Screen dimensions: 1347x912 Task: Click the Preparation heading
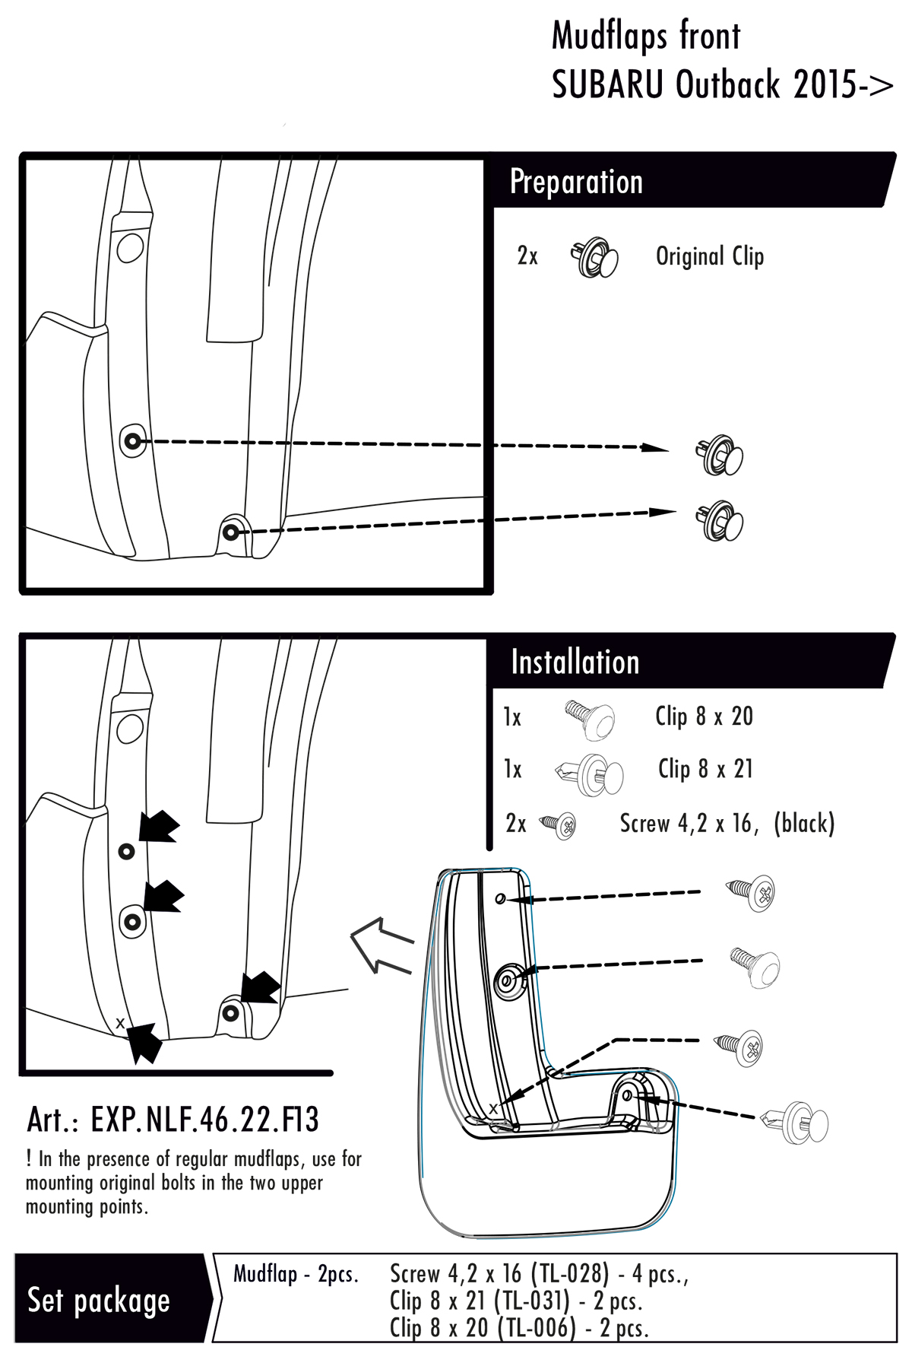click(576, 182)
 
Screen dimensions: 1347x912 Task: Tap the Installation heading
click(575, 662)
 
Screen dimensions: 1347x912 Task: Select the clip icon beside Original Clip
click(594, 257)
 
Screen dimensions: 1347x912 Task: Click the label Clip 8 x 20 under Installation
click(704, 716)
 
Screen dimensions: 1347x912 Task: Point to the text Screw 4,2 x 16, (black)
click(727, 823)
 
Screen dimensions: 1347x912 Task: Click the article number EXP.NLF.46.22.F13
click(204, 1120)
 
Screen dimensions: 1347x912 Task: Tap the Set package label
click(98, 1299)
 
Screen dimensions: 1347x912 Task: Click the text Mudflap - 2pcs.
click(296, 1273)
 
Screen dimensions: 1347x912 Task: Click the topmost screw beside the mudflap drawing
click(752, 892)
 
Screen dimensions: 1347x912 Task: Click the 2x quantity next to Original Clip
click(527, 256)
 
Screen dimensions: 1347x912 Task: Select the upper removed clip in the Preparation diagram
click(718, 456)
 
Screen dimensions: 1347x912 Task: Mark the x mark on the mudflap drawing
click(493, 1108)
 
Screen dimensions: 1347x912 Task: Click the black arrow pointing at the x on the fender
click(144, 1042)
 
